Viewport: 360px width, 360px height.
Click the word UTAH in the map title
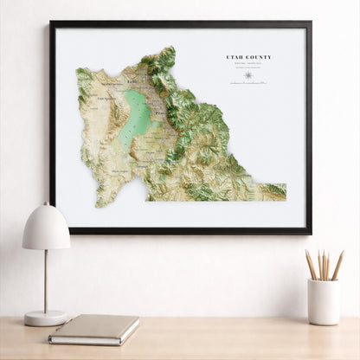235,57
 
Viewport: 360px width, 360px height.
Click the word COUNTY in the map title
258,57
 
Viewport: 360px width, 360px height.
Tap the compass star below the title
248,75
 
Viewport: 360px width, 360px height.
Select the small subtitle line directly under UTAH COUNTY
248,63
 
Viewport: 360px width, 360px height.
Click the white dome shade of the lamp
46,227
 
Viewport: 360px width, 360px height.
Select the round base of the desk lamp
45,318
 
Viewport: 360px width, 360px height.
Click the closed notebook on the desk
93,328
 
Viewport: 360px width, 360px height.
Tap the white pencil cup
324,302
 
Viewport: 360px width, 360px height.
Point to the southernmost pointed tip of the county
101,205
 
